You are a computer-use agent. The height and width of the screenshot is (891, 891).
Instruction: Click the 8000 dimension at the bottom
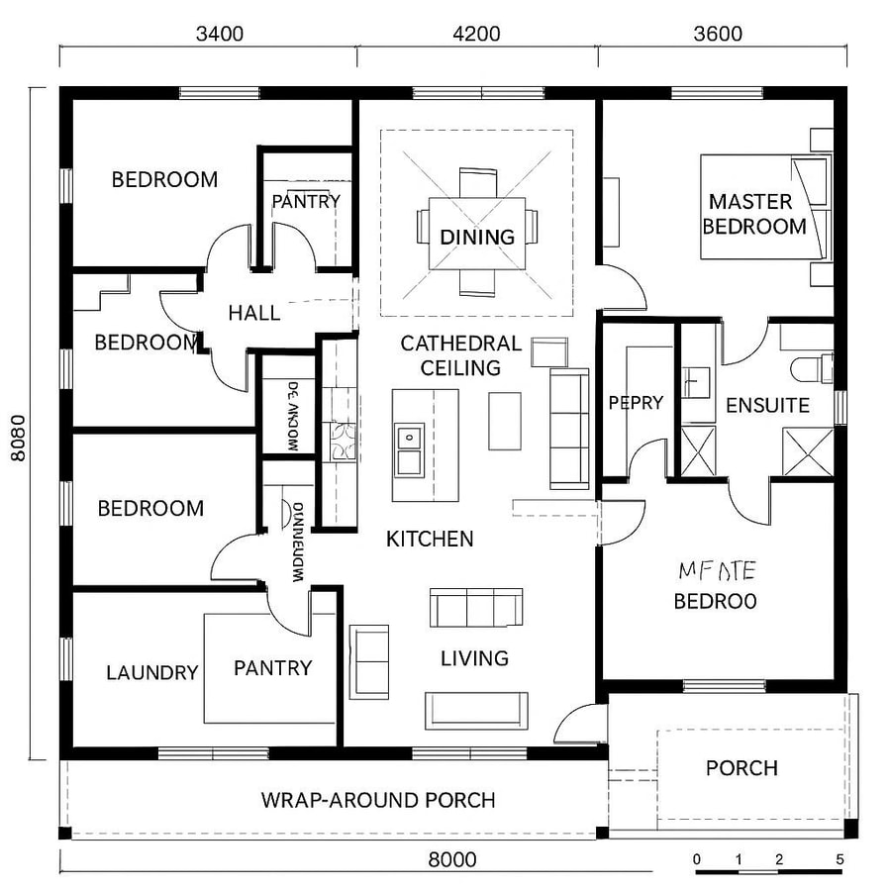(452, 859)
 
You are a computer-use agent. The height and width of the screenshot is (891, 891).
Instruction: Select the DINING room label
(477, 238)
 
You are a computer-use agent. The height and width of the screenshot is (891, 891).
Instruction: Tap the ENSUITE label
(767, 405)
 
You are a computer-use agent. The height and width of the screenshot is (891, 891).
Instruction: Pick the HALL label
(253, 313)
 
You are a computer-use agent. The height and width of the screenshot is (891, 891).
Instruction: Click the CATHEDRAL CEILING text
(460, 355)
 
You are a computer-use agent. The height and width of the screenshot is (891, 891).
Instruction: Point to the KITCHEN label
(430, 540)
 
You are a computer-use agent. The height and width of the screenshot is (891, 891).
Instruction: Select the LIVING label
(474, 658)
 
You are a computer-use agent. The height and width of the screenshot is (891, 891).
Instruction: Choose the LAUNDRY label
(152, 673)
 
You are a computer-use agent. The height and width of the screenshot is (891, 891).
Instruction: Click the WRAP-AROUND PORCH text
(378, 800)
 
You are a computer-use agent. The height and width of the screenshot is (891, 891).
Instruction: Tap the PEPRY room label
(635, 403)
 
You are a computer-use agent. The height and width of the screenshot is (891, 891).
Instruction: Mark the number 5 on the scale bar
(840, 858)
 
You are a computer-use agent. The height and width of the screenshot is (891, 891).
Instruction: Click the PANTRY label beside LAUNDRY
(273, 668)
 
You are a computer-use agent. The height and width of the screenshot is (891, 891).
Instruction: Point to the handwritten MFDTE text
(717, 570)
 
